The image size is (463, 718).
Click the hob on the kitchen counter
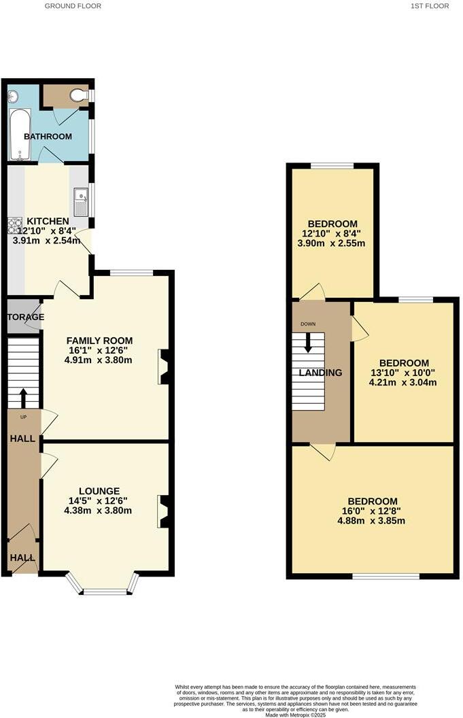(15, 224)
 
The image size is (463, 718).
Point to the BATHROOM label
(48, 137)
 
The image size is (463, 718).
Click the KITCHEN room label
(47, 221)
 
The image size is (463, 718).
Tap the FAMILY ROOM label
(99, 341)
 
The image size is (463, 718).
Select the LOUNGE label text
(99, 491)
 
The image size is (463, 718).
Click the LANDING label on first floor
(321, 373)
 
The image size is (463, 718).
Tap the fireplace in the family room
(163, 367)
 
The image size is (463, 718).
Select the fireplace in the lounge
(163, 511)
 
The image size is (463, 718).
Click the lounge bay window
(105, 589)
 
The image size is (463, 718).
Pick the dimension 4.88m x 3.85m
(371, 522)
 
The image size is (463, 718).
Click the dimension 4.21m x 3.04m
(402, 382)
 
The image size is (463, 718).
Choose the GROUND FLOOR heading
(73, 6)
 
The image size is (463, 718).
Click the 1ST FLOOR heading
(430, 6)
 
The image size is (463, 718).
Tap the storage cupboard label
(26, 317)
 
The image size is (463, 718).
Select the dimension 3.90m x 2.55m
(332, 243)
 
